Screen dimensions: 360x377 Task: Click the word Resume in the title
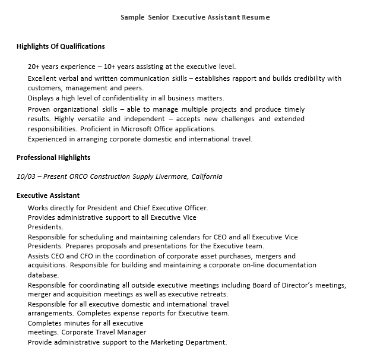[256, 17]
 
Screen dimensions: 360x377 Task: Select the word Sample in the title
[132, 17]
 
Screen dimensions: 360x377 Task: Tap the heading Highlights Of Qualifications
[61, 46]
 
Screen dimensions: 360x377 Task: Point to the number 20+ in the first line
[34, 67]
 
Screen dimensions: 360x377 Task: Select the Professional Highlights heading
[53, 157]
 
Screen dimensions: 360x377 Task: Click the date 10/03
[26, 176]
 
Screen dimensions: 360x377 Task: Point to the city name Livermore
[170, 176]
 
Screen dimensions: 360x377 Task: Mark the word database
[43, 275]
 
